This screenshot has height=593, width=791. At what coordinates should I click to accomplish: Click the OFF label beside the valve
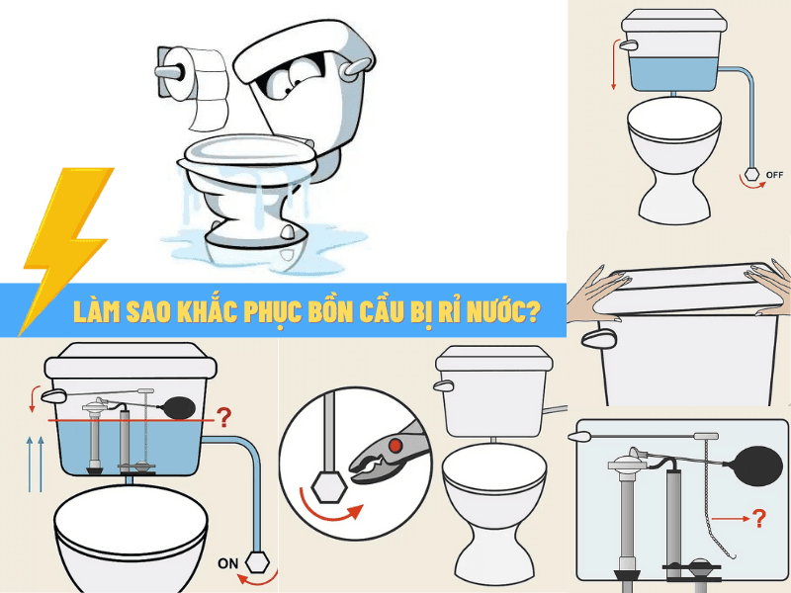(774, 174)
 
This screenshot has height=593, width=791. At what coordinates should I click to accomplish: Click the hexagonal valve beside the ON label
(256, 559)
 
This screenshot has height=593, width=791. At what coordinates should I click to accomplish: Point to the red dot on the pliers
(395, 446)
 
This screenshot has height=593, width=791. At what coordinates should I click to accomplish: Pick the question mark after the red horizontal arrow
(759, 516)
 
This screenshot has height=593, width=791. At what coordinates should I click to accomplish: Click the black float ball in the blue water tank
(178, 404)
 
